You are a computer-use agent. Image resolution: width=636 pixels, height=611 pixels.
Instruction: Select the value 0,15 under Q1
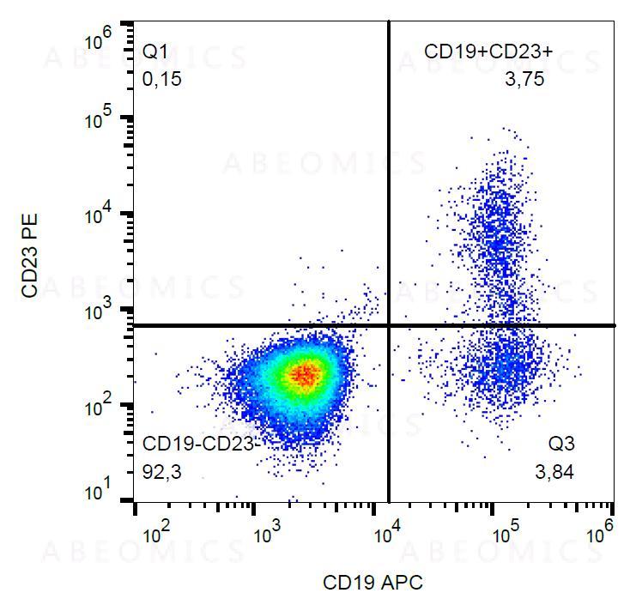162,80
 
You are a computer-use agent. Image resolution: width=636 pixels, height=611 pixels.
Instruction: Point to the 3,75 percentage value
525,80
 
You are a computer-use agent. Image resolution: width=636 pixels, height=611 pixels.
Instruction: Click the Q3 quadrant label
562,445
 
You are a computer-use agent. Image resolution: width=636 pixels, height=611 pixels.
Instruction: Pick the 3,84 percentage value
554,471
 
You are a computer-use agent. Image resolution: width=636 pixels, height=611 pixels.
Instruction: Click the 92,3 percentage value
162,471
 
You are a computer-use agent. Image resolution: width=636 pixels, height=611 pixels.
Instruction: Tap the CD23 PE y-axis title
31,257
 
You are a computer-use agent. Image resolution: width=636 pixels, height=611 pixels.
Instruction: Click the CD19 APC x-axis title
373,583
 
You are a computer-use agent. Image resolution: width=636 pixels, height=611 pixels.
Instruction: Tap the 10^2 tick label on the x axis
155,534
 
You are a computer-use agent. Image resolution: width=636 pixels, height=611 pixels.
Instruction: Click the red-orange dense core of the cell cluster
305,373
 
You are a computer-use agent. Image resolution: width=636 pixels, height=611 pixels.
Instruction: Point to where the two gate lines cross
390,325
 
